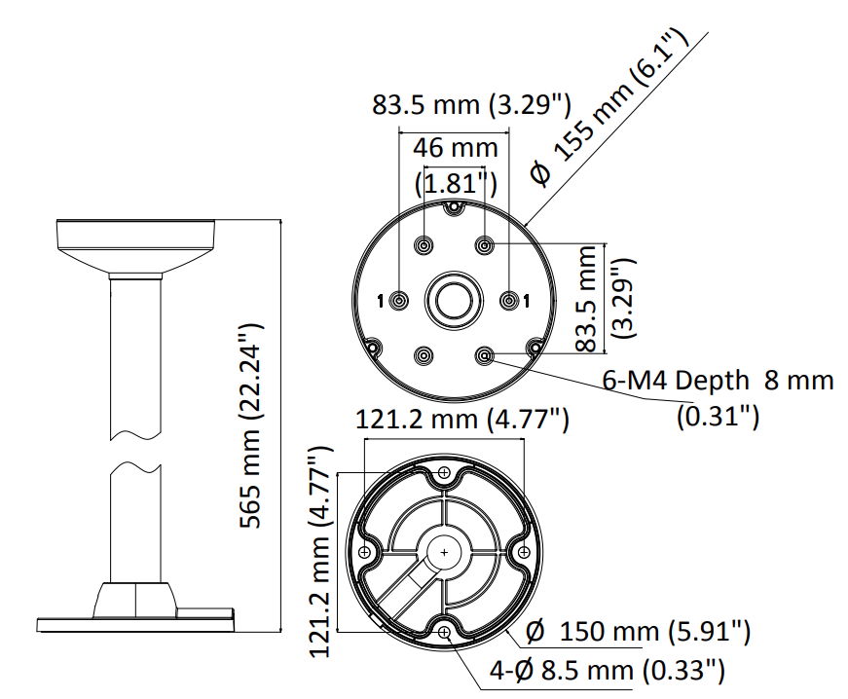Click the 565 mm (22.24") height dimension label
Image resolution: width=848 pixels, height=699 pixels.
(251, 426)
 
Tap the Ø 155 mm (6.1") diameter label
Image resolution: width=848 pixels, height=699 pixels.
(609, 106)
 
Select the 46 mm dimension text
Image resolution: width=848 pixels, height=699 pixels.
(456, 148)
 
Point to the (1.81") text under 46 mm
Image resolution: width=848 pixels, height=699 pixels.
(456, 183)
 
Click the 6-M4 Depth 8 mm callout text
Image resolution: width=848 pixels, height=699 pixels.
(719, 381)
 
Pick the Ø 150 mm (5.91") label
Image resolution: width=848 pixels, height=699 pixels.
(638, 631)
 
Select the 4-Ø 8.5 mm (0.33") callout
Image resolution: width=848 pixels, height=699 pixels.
(607, 671)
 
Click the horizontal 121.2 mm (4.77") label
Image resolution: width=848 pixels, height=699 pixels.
(462, 420)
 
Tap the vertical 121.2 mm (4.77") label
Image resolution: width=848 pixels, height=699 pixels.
(320, 551)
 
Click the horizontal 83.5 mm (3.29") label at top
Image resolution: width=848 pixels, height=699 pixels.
(471, 105)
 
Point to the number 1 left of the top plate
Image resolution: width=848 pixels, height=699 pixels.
(381, 301)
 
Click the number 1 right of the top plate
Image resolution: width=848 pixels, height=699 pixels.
(526, 301)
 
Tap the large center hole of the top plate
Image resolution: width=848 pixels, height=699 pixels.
(453, 300)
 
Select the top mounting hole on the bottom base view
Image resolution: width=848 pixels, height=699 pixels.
(445, 472)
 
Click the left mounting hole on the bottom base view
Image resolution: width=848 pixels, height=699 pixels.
(364, 552)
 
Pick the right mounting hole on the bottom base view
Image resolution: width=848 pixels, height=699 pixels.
(524, 552)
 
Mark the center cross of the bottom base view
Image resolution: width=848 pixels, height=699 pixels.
(445, 553)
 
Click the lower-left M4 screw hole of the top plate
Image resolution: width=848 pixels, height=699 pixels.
(423, 355)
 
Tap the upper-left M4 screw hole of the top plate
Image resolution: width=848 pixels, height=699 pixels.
(424, 246)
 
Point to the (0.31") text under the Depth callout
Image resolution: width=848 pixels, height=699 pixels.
(719, 417)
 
